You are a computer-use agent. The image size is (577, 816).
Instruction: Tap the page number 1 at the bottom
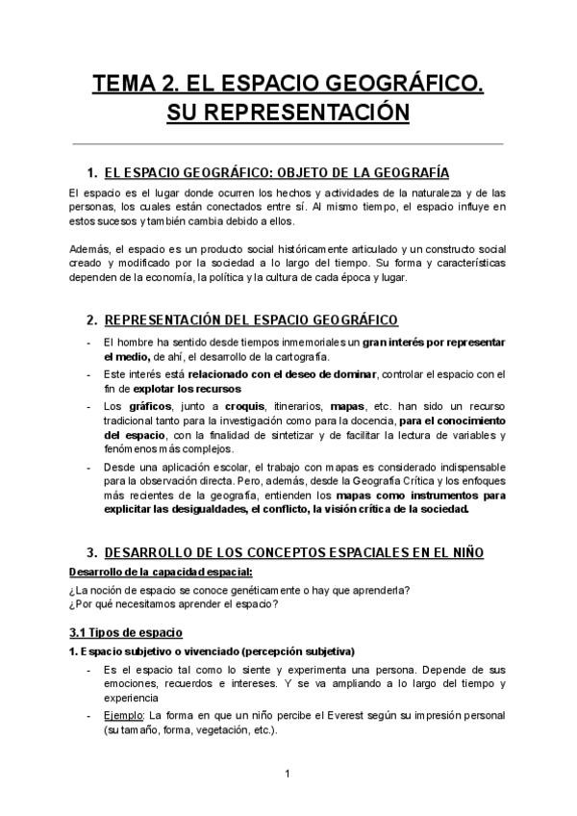point(288,773)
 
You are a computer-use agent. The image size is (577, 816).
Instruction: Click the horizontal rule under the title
point(288,143)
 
